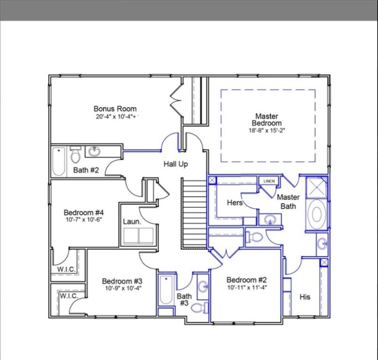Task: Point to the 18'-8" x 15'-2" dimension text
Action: coord(267,130)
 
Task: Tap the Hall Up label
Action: coord(176,164)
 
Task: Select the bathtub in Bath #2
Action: coord(59,161)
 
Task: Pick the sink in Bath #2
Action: coord(94,152)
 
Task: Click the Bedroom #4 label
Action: coord(83,212)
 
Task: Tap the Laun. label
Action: coord(130,221)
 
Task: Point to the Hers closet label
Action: coord(235,203)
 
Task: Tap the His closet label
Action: coord(305,297)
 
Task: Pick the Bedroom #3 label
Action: coord(122,281)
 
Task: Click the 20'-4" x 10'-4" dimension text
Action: coord(115,116)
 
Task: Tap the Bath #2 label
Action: coord(86,170)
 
